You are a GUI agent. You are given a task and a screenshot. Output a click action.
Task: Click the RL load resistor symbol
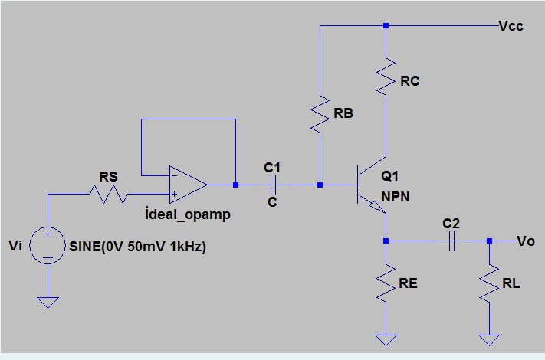(488, 285)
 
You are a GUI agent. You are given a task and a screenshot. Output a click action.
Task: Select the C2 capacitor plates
(452, 241)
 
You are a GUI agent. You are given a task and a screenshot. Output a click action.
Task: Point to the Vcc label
(511, 25)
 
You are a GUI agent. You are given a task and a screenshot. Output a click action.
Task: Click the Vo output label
(526, 241)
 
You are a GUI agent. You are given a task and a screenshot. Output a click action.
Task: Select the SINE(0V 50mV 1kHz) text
(137, 247)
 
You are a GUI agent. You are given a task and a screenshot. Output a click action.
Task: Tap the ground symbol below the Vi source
(48, 302)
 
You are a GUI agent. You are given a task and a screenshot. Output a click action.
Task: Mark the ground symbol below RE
(386, 339)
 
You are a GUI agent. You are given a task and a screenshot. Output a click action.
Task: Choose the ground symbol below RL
(488, 339)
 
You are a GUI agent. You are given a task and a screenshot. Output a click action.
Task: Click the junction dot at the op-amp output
(235, 185)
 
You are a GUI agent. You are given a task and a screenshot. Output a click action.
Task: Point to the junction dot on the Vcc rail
(386, 25)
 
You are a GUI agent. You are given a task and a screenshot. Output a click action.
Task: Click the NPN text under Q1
(396, 196)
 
